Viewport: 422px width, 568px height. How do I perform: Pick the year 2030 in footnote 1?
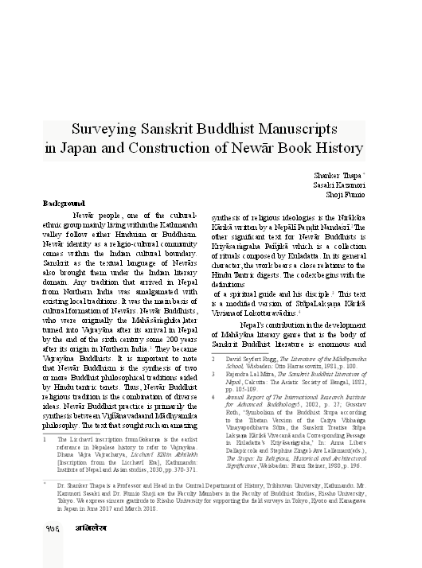[161, 469]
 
